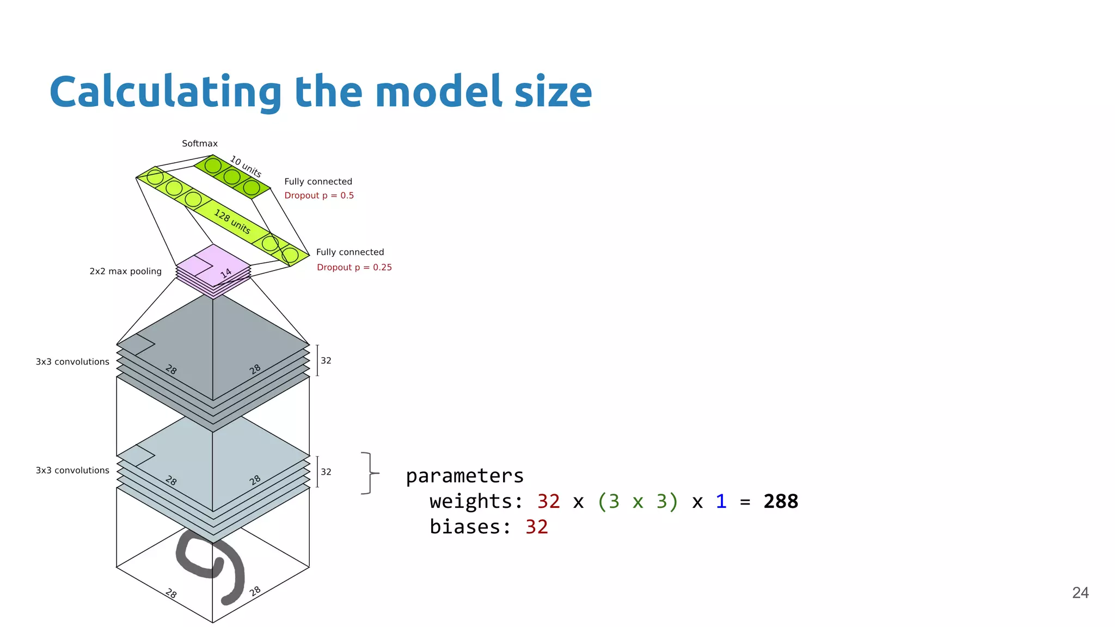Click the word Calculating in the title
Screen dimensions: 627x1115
tap(165, 93)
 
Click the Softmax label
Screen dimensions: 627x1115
tap(199, 144)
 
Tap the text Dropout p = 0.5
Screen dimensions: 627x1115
tap(319, 195)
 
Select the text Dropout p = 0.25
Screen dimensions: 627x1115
tap(354, 267)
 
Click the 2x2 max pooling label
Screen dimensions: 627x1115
tap(125, 271)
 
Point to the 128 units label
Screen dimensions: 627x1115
tap(232, 222)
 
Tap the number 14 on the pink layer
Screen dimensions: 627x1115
tap(226, 273)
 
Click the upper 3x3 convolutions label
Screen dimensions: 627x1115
tap(72, 362)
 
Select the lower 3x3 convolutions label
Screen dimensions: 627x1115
tap(72, 470)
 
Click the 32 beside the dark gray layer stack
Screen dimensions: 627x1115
tap(326, 361)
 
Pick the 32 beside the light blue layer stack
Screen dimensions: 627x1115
tap(326, 472)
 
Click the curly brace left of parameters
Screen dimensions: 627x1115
tap(370, 473)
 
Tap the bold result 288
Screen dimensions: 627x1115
tap(780, 501)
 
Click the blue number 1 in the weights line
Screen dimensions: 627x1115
tap(721, 501)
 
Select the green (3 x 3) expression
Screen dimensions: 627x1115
tap(638, 501)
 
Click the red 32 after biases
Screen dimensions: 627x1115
tap(536, 527)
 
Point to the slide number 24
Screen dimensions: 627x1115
tap(1080, 593)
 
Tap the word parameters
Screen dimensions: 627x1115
tap(464, 476)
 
